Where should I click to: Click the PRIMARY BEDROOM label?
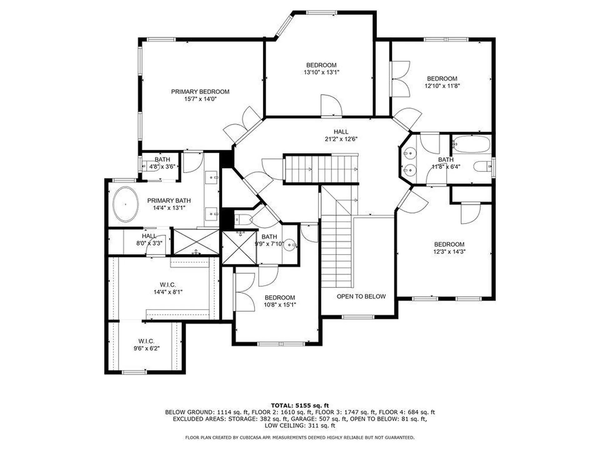point(200,92)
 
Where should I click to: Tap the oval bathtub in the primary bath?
point(125,204)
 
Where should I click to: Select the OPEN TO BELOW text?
point(361,296)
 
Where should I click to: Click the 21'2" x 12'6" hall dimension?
point(341,139)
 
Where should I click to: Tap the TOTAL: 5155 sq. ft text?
point(300,406)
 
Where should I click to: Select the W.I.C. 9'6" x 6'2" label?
point(146,345)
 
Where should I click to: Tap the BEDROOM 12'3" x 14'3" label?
point(449,248)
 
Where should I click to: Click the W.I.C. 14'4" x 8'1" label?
point(168,288)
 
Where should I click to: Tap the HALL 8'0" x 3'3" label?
point(149,239)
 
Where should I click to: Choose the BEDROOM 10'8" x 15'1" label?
point(280,301)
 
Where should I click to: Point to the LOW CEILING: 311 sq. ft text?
point(300,426)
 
